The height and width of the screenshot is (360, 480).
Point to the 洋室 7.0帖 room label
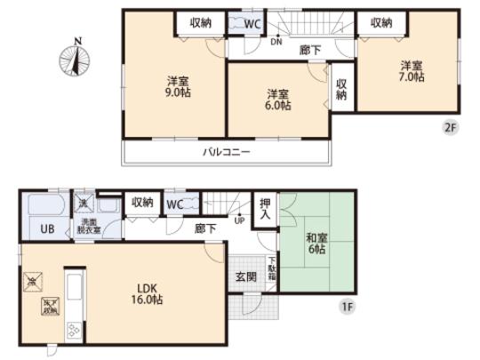[x=411, y=70]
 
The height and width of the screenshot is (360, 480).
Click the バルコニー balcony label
[x=226, y=151]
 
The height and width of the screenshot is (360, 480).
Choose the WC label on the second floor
[x=252, y=24]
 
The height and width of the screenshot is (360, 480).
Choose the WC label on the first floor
[x=175, y=205]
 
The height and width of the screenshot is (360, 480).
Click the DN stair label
[x=276, y=41]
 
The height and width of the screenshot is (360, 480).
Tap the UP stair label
[x=238, y=220]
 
